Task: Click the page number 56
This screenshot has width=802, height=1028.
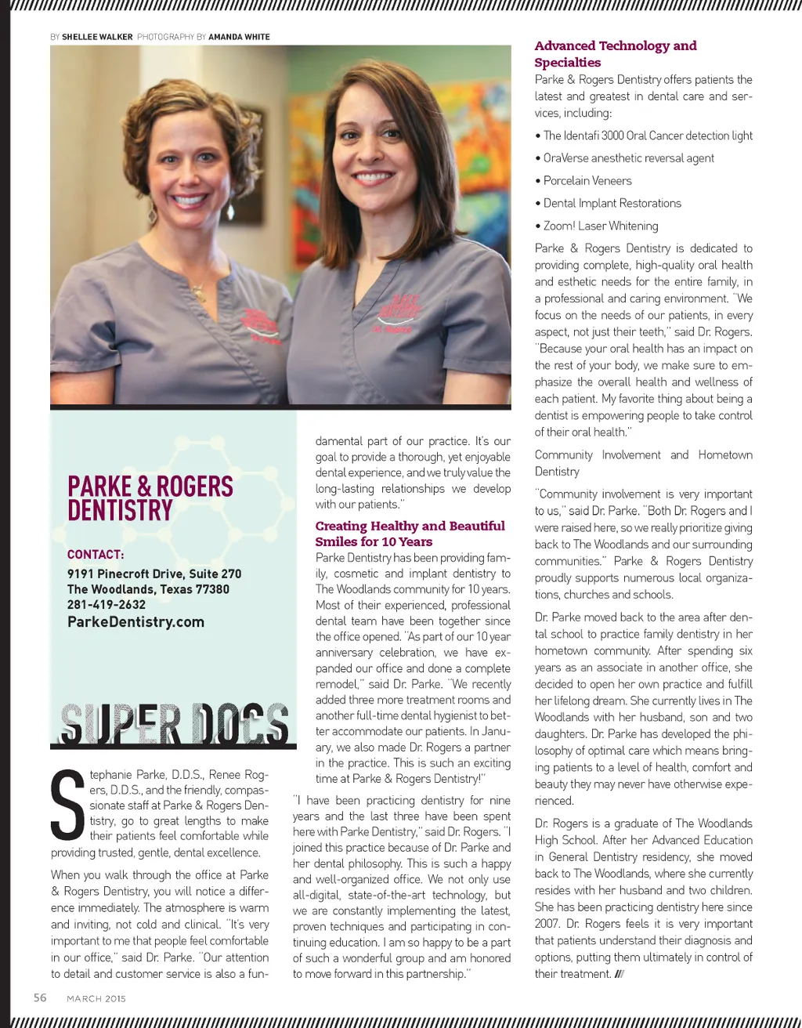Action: [x=40, y=997]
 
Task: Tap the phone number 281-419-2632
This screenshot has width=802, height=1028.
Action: [x=106, y=605]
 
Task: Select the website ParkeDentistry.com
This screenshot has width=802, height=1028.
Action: [x=135, y=622]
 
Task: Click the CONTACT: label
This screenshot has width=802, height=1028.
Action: [x=96, y=555]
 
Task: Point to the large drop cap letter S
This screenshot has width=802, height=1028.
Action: [x=67, y=805]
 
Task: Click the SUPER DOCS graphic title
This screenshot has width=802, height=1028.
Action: [x=174, y=723]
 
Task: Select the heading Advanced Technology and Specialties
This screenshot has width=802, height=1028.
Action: [x=615, y=54]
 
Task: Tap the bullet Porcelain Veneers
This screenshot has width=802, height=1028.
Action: [x=587, y=180]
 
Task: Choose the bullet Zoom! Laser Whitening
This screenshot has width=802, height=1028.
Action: [x=601, y=226]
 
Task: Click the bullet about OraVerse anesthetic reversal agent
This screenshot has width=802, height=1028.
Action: [x=628, y=158]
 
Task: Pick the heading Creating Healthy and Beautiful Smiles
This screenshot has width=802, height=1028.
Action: [x=410, y=534]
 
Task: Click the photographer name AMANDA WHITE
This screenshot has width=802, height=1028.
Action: [x=239, y=37]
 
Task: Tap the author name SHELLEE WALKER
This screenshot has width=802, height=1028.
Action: [x=97, y=37]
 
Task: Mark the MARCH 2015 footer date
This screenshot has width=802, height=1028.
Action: [x=96, y=998]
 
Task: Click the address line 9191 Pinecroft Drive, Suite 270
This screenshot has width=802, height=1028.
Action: [x=154, y=574]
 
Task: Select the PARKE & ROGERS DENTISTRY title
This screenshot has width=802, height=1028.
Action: [x=150, y=498]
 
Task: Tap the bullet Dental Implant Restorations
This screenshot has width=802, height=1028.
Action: [x=612, y=203]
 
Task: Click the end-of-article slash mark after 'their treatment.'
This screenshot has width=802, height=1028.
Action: [x=620, y=975]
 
